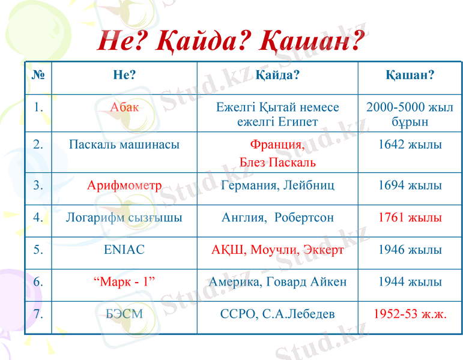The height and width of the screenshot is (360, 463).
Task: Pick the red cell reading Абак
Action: (124, 108)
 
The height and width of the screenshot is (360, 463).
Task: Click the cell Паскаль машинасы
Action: (124, 145)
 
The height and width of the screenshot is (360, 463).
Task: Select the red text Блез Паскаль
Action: (277, 163)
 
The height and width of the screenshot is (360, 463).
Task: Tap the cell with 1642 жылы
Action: (410, 145)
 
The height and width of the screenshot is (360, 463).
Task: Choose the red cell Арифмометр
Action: (124, 185)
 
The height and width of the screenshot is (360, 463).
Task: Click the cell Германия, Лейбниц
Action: (277, 185)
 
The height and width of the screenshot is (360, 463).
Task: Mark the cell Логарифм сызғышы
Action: (124, 217)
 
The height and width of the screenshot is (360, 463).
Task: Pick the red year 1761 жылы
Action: (410, 217)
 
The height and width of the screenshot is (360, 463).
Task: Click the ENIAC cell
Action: (124, 250)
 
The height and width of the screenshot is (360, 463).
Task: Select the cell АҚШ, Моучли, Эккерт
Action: (277, 250)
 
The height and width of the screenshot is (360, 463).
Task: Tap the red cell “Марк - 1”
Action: (124, 282)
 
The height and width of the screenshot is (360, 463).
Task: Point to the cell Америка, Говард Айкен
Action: (277, 282)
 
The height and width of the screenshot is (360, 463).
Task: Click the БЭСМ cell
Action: (124, 314)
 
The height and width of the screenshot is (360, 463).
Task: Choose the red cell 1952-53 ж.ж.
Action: (410, 314)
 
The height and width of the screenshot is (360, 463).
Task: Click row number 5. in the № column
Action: (38, 250)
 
